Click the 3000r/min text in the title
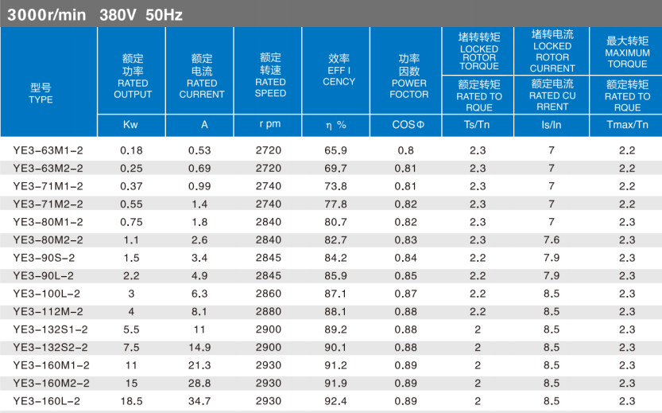click(48, 14)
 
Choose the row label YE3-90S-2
click(45, 258)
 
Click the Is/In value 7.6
click(552, 240)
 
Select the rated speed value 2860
click(270, 294)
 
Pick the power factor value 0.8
click(405, 150)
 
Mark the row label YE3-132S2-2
click(50, 348)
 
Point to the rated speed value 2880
click(270, 312)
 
